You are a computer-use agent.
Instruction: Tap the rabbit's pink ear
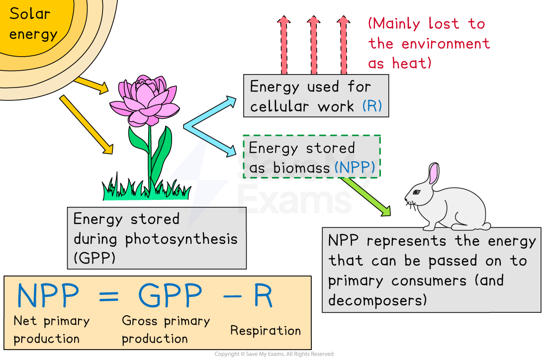(434, 174)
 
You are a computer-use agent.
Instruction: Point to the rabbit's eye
(416, 192)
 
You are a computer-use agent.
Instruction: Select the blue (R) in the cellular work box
(372, 106)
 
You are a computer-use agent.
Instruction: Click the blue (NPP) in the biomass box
(355, 168)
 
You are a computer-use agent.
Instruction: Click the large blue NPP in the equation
(48, 297)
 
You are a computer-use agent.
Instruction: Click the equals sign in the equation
(108, 297)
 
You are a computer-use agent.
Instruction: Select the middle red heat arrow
(313, 45)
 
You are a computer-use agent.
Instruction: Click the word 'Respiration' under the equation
(265, 331)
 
